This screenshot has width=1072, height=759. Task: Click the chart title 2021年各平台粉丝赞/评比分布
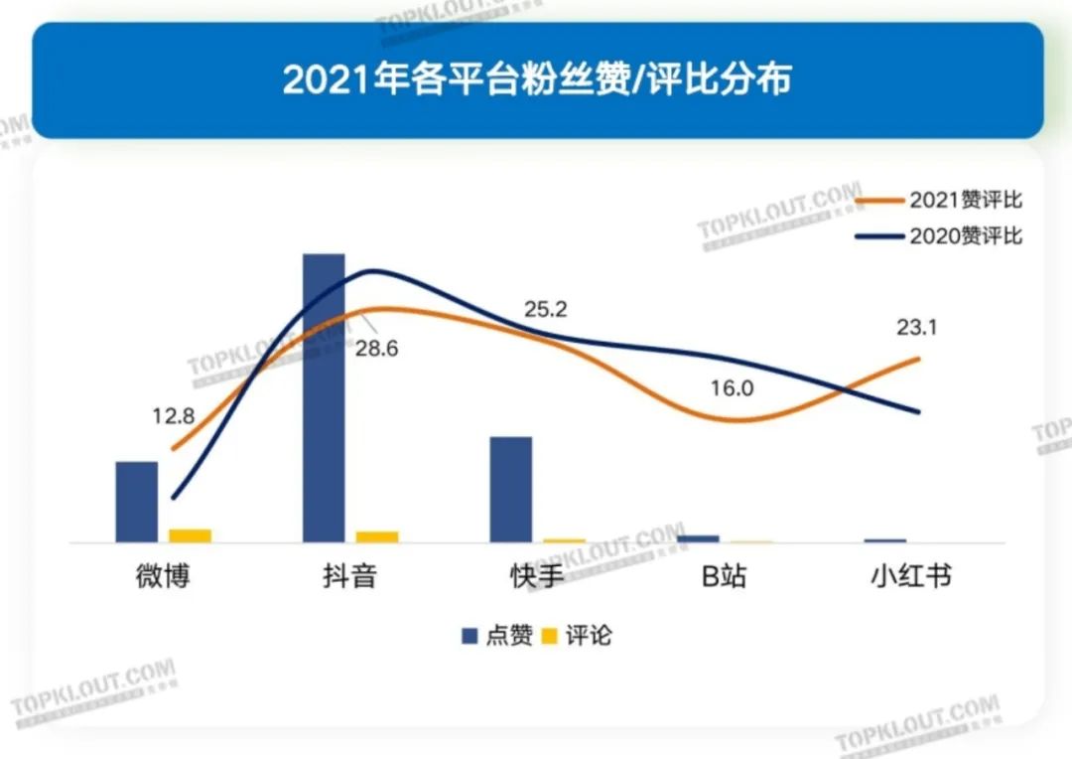[x=536, y=79]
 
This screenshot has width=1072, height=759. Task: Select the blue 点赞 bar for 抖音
[x=324, y=397]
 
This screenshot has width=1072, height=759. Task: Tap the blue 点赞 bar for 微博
[x=137, y=502]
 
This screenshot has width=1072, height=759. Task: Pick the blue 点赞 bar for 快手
[x=511, y=489]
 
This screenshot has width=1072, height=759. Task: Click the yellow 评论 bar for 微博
[x=191, y=535]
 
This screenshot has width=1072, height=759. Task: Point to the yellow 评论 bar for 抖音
[x=377, y=536]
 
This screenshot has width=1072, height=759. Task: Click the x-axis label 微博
[x=163, y=576]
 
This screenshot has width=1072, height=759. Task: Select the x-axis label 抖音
[x=349, y=576]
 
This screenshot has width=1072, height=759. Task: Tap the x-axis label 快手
[x=537, y=576]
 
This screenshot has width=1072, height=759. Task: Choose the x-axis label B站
[x=725, y=576]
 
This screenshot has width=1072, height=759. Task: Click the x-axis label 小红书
[x=911, y=576]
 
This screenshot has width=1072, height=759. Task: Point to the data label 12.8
[x=173, y=416]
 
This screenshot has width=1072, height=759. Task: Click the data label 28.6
[x=376, y=350]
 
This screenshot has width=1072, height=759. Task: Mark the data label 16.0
[x=733, y=388]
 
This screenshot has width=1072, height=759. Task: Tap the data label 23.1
[x=917, y=327]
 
